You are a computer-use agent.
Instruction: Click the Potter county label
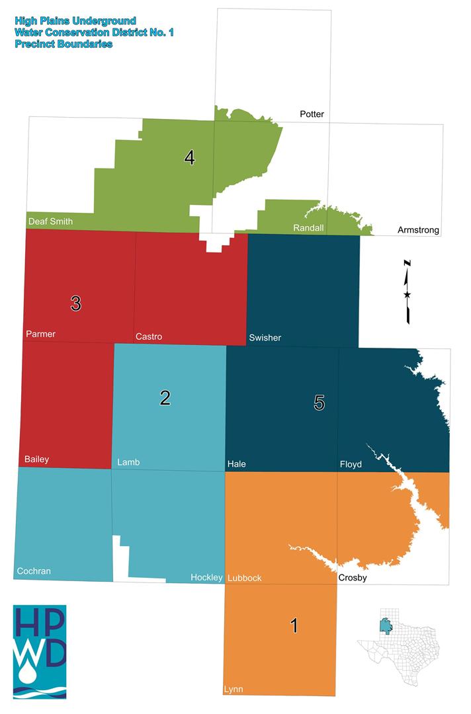pos(312,114)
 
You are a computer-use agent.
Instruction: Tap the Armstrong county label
pos(419,230)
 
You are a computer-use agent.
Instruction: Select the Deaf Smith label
pos(50,221)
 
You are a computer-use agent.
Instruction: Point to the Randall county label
pos(308,228)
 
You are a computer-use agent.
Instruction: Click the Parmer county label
pos(40,334)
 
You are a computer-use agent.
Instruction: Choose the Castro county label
pos(149,337)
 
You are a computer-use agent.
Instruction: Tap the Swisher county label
pos(265,338)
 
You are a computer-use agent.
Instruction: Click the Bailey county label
pos(37,459)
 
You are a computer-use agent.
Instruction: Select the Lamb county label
pos(129,461)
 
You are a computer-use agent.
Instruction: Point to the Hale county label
pos(237,464)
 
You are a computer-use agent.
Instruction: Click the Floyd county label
pos(351,464)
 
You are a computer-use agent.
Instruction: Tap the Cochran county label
pos(34,571)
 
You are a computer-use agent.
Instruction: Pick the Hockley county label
pos(206,578)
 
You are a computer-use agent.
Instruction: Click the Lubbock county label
pos(245,578)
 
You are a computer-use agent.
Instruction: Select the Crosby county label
pos(353,578)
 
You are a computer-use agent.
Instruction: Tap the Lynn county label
pos(234,690)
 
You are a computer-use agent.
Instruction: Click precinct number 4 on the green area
pos(190,158)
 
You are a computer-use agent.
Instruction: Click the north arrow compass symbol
pos(407,292)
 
